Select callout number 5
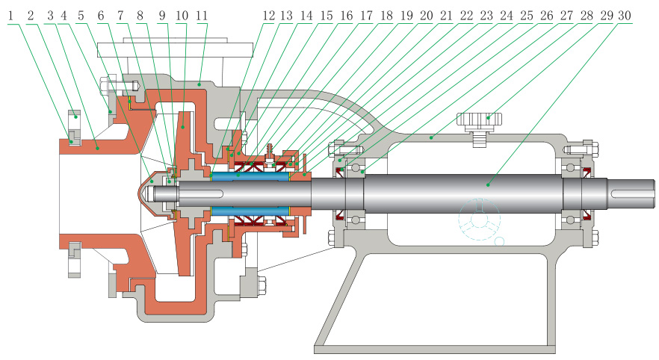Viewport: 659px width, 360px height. pyautogui.click(x=81, y=13)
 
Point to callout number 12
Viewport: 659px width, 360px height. pyautogui.click(x=267, y=13)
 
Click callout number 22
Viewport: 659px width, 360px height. pyautogui.click(x=464, y=13)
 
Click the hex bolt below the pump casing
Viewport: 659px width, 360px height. pyautogui.click(x=262, y=285)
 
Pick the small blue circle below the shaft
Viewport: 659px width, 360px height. pyautogui.click(x=499, y=240)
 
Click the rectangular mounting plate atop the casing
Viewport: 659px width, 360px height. pyautogui.click(x=176, y=49)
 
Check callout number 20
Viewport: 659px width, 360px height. pyautogui.click(x=424, y=13)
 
